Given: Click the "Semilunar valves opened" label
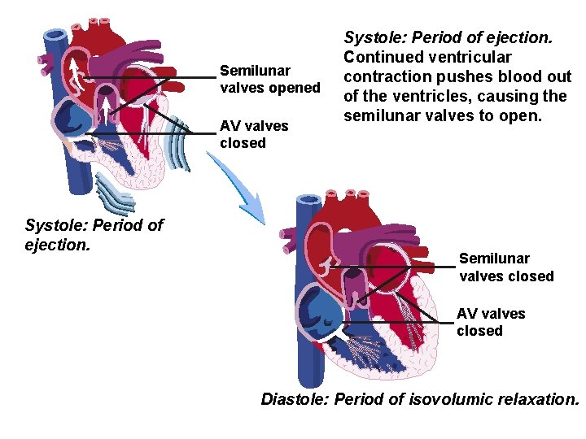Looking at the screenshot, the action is pyautogui.click(x=269, y=79).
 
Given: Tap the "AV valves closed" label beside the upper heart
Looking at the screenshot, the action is pyautogui.click(x=254, y=134).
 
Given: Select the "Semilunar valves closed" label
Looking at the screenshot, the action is pyautogui.click(x=506, y=267).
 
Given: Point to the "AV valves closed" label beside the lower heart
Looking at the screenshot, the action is pyautogui.click(x=491, y=322).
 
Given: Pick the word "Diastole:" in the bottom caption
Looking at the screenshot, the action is pyautogui.click(x=295, y=399).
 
